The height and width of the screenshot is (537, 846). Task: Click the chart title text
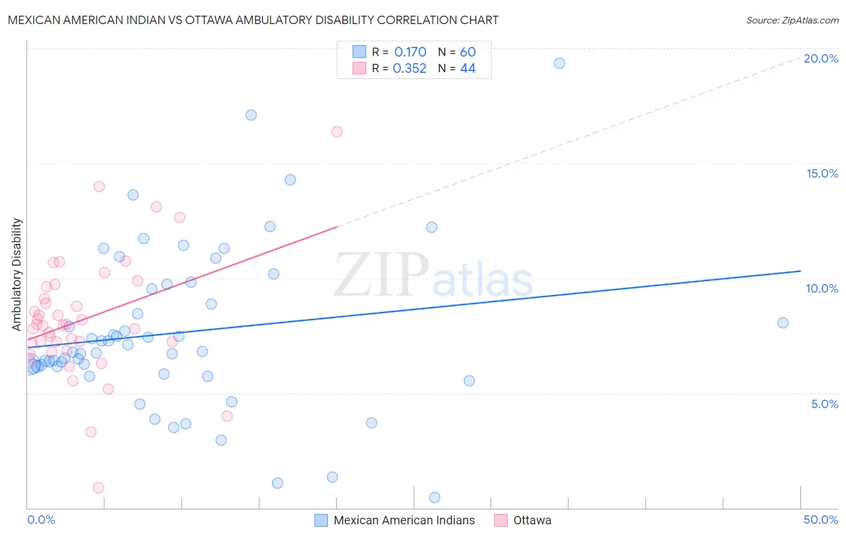[253, 20]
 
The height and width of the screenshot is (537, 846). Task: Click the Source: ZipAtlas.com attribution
[792, 20]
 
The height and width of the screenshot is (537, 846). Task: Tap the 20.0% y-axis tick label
[821, 58]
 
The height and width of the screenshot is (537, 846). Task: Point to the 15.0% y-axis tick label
[822, 173]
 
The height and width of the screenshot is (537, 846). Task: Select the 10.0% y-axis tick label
[822, 288]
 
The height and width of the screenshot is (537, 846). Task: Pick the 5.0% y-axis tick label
[824, 404]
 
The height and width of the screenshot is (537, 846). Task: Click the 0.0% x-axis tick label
[41, 520]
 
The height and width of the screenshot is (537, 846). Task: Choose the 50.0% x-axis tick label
[821, 520]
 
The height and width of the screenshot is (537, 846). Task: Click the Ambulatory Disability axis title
[17, 275]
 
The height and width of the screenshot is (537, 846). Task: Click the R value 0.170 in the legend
[410, 52]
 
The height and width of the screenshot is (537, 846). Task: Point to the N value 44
[468, 69]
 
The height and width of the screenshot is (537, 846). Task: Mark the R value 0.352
[410, 69]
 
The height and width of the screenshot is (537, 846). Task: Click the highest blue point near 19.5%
[560, 63]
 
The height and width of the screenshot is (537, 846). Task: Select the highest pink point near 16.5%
[337, 132]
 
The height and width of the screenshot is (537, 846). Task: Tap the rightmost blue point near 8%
[783, 323]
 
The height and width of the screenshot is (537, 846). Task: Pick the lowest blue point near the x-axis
[434, 497]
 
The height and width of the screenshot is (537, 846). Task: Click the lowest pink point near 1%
[99, 488]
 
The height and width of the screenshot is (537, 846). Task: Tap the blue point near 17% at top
[252, 115]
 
